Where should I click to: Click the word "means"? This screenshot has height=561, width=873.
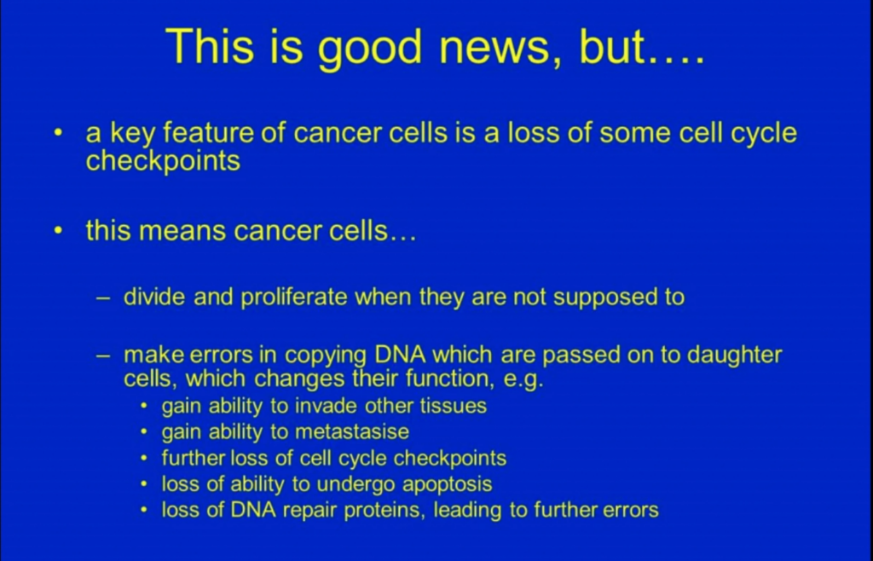pos(182,231)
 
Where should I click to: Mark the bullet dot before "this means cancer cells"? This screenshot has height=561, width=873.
pos(59,230)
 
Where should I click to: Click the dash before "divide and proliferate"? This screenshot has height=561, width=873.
pos(103,298)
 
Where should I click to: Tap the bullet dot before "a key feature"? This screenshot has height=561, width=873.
pos(59,133)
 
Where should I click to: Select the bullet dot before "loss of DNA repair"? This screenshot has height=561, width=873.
pos(144,509)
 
